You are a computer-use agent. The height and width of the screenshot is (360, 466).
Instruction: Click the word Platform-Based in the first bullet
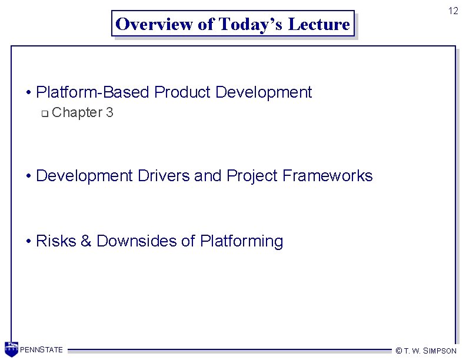pyautogui.click(x=92, y=92)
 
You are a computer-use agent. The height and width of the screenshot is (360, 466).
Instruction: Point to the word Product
pyautogui.click(x=182, y=92)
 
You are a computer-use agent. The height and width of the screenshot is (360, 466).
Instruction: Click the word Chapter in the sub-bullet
pyautogui.click(x=76, y=112)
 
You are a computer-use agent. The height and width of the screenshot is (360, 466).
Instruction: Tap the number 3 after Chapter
pyautogui.click(x=109, y=112)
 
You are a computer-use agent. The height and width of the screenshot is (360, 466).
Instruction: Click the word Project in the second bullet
pyautogui.click(x=252, y=176)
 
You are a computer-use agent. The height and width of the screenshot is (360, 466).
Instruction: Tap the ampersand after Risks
pyautogui.click(x=85, y=241)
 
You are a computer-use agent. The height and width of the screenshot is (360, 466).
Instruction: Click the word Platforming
pyautogui.click(x=241, y=241)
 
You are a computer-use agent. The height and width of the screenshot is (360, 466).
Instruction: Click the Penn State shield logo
pyautogui.click(x=11, y=349)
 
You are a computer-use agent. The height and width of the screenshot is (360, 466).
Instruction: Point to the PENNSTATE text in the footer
pyautogui.click(x=41, y=351)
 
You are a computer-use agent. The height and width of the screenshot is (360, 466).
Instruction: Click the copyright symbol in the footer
pyautogui.click(x=398, y=351)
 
